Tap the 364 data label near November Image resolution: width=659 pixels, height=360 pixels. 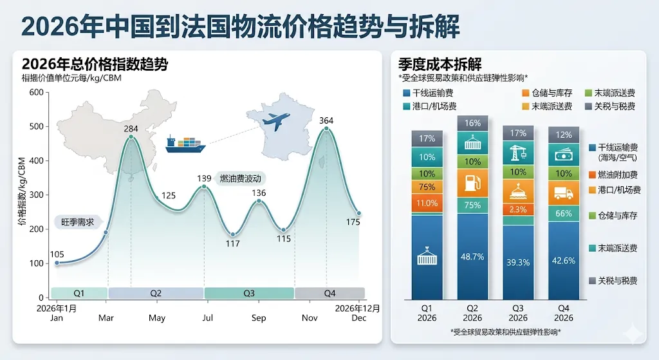point(326,120)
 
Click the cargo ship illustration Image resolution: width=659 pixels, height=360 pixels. point(185,145)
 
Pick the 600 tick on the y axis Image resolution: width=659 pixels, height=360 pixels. point(36,93)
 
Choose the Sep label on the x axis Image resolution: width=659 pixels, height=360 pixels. point(259,318)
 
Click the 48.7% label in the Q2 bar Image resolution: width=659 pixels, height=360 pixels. point(472,257)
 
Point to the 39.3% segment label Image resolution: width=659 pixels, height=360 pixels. point(518,262)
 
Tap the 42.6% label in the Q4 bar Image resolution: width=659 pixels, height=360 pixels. point(564,260)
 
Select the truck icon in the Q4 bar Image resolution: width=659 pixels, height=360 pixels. point(564,192)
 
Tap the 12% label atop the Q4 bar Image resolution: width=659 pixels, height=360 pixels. point(564,135)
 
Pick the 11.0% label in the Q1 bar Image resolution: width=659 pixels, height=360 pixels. point(427,204)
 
